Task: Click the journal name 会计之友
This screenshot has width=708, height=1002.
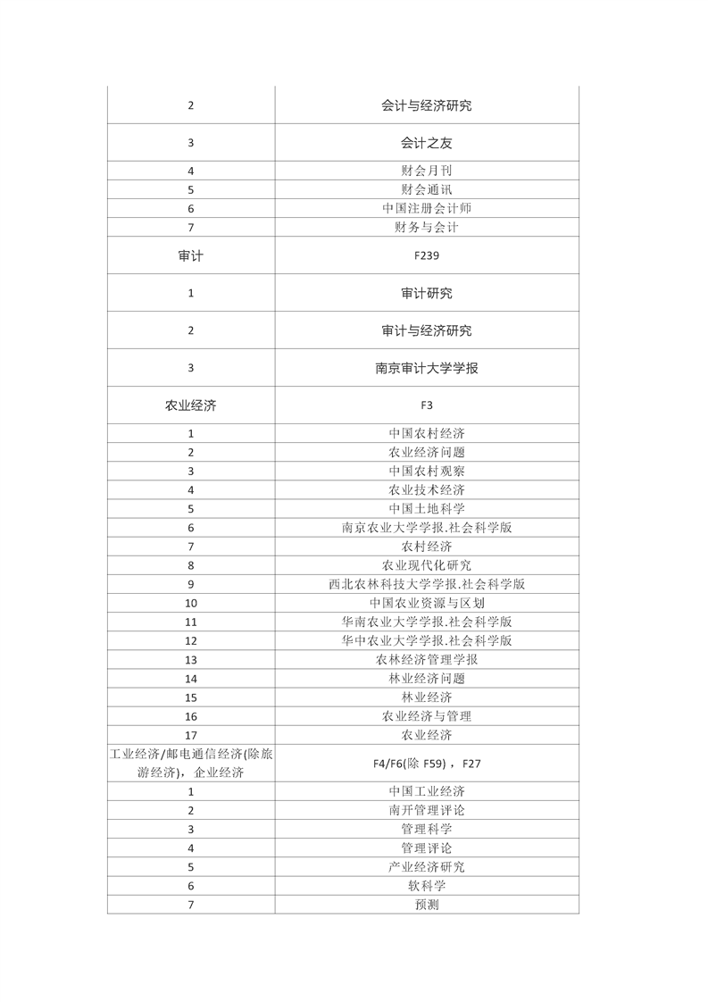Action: click(426, 143)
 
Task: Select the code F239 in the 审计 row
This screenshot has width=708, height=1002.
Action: click(426, 255)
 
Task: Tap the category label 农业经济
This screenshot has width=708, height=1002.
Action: click(191, 405)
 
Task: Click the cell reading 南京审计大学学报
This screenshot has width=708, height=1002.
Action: click(426, 367)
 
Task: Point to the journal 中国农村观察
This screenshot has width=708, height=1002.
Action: click(426, 471)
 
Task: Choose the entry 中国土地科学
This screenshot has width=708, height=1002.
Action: click(426, 508)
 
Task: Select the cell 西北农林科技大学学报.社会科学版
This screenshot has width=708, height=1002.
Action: click(426, 584)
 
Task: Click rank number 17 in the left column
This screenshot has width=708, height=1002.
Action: click(191, 735)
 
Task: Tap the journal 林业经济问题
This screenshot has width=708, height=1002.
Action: click(426, 679)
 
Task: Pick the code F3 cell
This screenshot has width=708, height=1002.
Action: click(426, 405)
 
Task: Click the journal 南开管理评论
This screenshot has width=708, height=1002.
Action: click(426, 810)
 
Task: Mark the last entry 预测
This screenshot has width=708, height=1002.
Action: click(426, 905)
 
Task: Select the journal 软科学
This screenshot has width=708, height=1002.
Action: click(426, 886)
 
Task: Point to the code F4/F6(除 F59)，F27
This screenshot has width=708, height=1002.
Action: click(426, 764)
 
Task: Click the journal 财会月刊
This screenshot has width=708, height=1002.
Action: click(426, 170)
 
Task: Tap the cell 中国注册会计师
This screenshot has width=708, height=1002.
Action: click(426, 208)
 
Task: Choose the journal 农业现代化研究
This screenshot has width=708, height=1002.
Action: click(426, 565)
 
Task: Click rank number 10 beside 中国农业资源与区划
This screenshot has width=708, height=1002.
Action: click(191, 603)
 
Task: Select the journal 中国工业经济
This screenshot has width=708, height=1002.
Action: click(426, 791)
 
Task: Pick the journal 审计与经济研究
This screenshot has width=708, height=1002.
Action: click(426, 330)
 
